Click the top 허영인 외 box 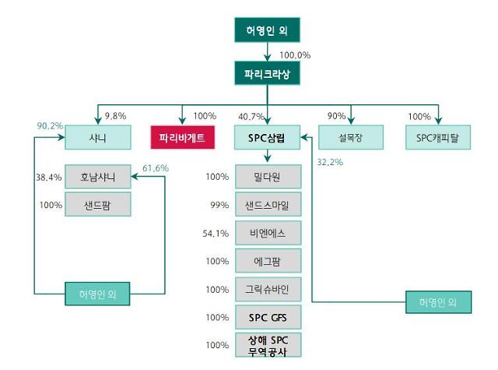point(267,32)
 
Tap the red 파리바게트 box point(182,138)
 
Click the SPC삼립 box point(267,138)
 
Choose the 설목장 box point(351,138)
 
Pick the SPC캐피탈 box point(438,138)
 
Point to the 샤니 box point(97,138)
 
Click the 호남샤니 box point(97,176)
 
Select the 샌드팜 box point(97,205)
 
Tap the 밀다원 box point(267,177)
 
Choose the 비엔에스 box point(267,233)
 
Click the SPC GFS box point(267,316)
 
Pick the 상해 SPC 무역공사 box point(267,344)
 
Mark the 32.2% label point(331,163)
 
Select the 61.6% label point(156,167)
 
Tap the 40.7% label point(251,117)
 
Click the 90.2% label point(50,125)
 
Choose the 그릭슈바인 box point(267,289)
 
